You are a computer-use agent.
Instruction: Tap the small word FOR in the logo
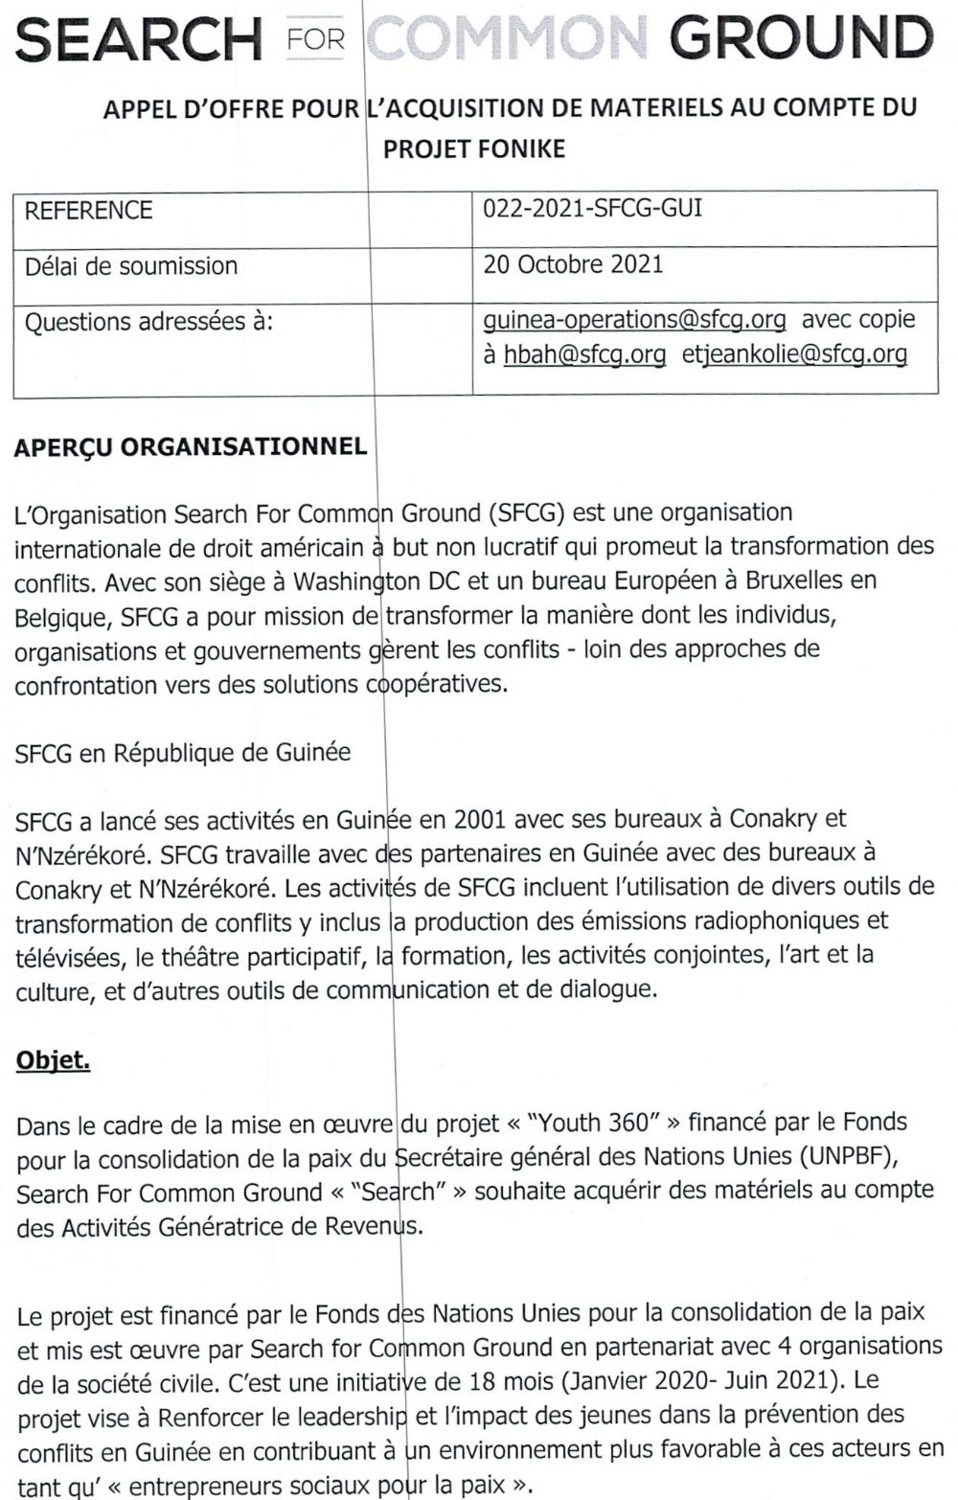click(x=314, y=39)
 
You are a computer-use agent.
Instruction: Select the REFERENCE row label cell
click(x=88, y=211)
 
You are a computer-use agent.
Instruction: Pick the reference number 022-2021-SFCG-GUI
click(x=593, y=208)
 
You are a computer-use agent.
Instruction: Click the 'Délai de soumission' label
click(x=131, y=265)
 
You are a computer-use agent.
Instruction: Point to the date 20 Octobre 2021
click(x=573, y=264)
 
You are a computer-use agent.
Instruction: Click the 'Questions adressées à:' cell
click(x=148, y=322)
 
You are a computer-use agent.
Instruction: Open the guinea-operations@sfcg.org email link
click(x=634, y=319)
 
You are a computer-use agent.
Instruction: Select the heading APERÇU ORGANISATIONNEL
click(x=191, y=446)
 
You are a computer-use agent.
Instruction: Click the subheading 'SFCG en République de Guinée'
click(x=183, y=753)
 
